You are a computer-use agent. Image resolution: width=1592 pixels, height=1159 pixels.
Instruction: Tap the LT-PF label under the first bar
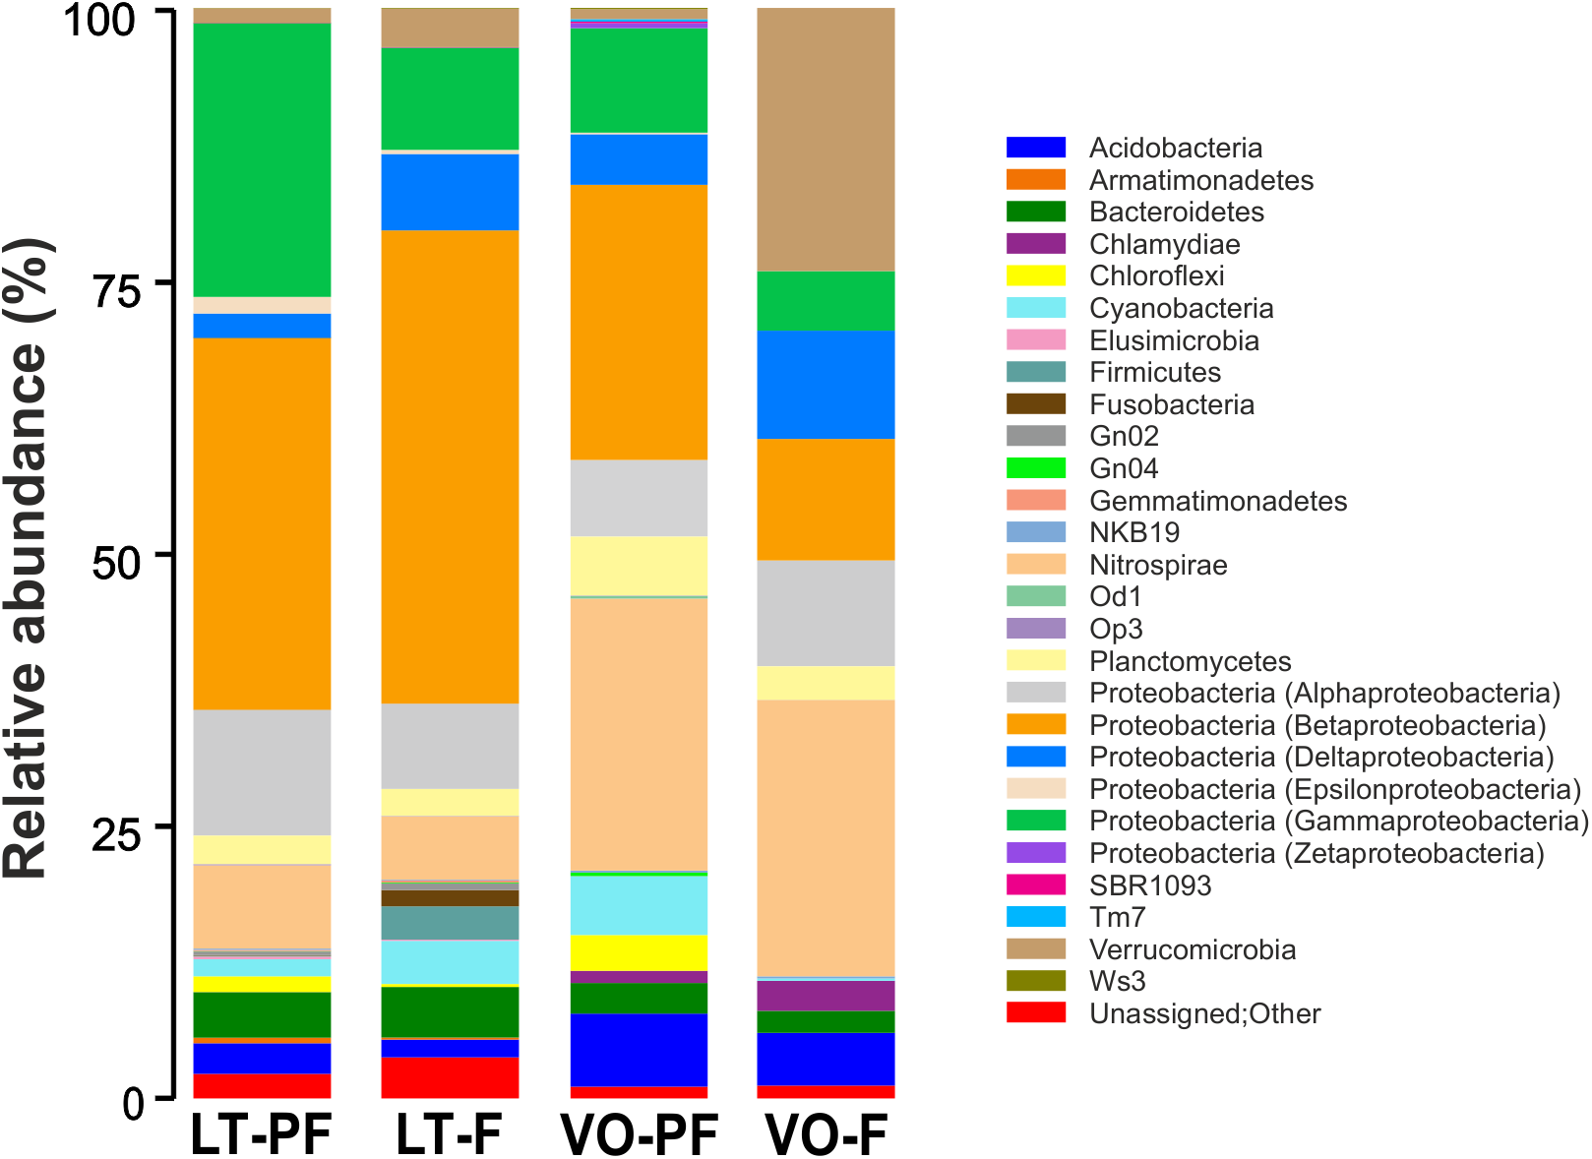tap(261, 1134)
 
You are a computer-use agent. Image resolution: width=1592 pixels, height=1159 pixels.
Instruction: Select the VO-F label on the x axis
tap(827, 1134)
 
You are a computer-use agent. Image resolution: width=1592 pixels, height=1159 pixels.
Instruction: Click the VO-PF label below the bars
tap(640, 1134)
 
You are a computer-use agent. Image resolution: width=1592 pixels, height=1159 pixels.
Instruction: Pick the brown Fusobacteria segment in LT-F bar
tap(450, 897)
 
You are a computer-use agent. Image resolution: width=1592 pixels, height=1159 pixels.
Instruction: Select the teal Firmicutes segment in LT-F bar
tap(450, 923)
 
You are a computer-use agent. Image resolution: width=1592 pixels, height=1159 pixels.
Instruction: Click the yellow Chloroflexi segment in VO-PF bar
tap(639, 952)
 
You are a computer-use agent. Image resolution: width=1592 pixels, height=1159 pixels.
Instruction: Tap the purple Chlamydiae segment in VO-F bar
tap(826, 995)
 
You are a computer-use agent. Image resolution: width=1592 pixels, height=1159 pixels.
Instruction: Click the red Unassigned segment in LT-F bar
tap(450, 1077)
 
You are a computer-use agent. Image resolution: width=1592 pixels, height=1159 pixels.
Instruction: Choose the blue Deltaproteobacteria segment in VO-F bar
tap(826, 384)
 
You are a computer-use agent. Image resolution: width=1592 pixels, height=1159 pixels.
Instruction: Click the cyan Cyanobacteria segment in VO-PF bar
tap(639, 904)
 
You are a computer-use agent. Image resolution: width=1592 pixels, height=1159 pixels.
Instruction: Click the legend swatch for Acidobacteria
tap(1036, 148)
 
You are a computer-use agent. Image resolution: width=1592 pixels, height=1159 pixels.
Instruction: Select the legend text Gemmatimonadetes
tap(1217, 501)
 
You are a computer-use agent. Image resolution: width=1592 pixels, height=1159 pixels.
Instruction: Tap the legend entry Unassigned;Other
tap(1204, 1013)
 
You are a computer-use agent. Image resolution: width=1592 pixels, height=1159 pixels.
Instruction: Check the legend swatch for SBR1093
tap(1036, 884)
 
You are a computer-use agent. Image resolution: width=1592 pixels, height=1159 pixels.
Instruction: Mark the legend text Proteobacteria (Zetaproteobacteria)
tap(1316, 853)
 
